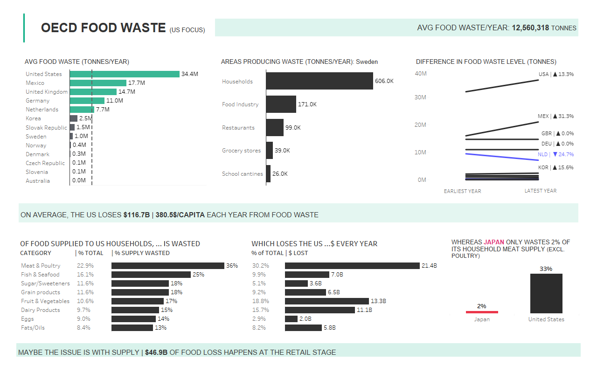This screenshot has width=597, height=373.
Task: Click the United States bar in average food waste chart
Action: [x=125, y=74]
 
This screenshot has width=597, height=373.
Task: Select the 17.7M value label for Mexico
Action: [x=137, y=83]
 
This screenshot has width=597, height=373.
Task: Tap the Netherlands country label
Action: [x=42, y=110]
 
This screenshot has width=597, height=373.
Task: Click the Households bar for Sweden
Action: [x=319, y=81]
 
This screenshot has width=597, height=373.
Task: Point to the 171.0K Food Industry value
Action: [x=307, y=104]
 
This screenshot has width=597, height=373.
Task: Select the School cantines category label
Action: [x=242, y=174]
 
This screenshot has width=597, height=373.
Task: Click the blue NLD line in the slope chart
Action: [x=502, y=157]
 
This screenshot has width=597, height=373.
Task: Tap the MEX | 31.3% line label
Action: [x=555, y=116]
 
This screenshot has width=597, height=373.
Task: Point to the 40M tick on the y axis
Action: [x=421, y=74]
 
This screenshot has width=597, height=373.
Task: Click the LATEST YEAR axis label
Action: [x=540, y=191]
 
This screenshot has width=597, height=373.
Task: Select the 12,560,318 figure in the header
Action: [x=530, y=28]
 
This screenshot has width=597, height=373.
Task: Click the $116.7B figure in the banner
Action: [x=137, y=215]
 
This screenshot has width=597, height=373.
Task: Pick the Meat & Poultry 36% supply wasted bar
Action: [x=168, y=266]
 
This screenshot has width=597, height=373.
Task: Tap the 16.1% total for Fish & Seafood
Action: [x=85, y=275]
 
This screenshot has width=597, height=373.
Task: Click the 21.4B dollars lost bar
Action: [x=352, y=266]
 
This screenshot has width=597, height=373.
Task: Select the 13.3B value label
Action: [x=379, y=301]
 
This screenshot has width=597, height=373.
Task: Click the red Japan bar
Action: [x=482, y=312]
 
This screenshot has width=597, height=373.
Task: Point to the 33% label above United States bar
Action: [x=546, y=269]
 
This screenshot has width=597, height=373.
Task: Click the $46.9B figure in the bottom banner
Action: [x=156, y=352]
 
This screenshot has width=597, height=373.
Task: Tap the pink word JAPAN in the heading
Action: [x=494, y=242]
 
